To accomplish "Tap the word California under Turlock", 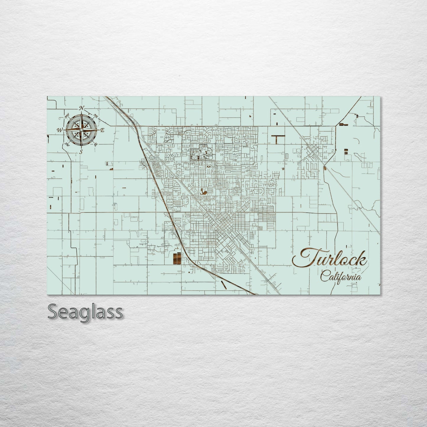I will [341, 277].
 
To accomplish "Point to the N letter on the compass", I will [82, 108].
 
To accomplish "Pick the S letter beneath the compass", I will [81, 152].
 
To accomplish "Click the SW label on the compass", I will [67, 144].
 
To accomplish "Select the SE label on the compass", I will [95, 144].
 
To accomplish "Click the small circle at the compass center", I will [81, 130].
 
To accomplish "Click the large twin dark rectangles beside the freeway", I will [176, 258].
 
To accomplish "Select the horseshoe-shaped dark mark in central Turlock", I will [203, 191].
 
